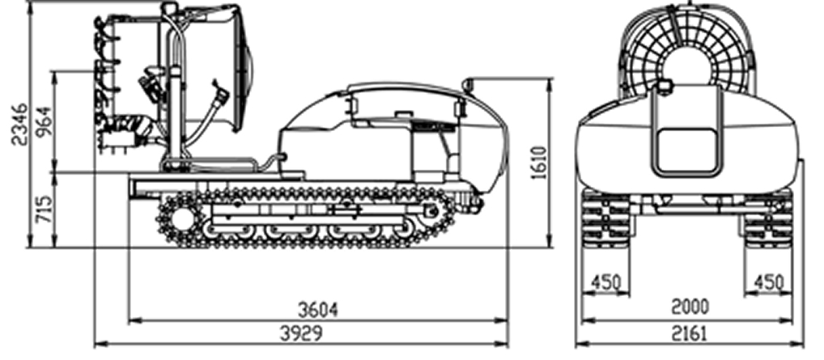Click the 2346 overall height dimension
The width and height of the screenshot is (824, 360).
(x=19, y=125)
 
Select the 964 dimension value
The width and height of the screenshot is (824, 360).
(x=45, y=121)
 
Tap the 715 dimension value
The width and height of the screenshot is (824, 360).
(x=45, y=209)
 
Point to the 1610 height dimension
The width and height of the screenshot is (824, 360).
(x=540, y=163)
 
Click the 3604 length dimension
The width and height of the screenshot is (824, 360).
(x=318, y=310)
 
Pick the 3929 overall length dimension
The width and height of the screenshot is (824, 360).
(x=300, y=333)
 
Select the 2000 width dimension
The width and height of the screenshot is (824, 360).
(x=690, y=307)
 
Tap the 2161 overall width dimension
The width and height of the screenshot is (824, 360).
(x=689, y=333)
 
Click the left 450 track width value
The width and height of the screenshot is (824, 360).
(x=606, y=282)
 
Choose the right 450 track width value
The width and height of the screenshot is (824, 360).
(x=769, y=282)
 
